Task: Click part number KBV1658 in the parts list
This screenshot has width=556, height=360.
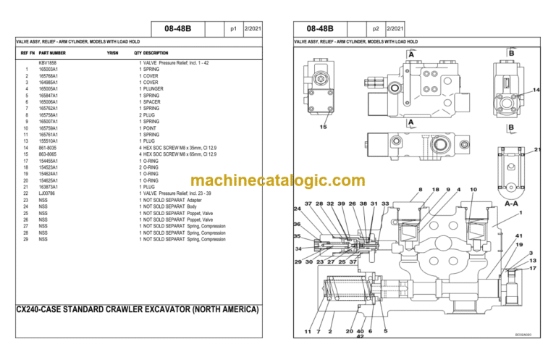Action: [x=47, y=63]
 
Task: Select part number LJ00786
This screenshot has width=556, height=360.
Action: [x=48, y=193]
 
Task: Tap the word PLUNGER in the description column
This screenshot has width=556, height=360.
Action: [x=153, y=89]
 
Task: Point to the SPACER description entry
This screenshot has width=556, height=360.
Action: [x=151, y=102]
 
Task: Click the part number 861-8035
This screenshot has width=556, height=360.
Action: [x=48, y=148]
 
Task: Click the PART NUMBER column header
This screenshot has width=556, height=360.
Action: [x=52, y=53]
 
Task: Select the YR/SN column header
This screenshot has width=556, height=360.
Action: [x=112, y=53]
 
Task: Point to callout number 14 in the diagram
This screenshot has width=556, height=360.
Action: [x=536, y=90]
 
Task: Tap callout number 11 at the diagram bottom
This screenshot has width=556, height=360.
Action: [x=308, y=331]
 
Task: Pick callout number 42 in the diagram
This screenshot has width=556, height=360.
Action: [x=360, y=337]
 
